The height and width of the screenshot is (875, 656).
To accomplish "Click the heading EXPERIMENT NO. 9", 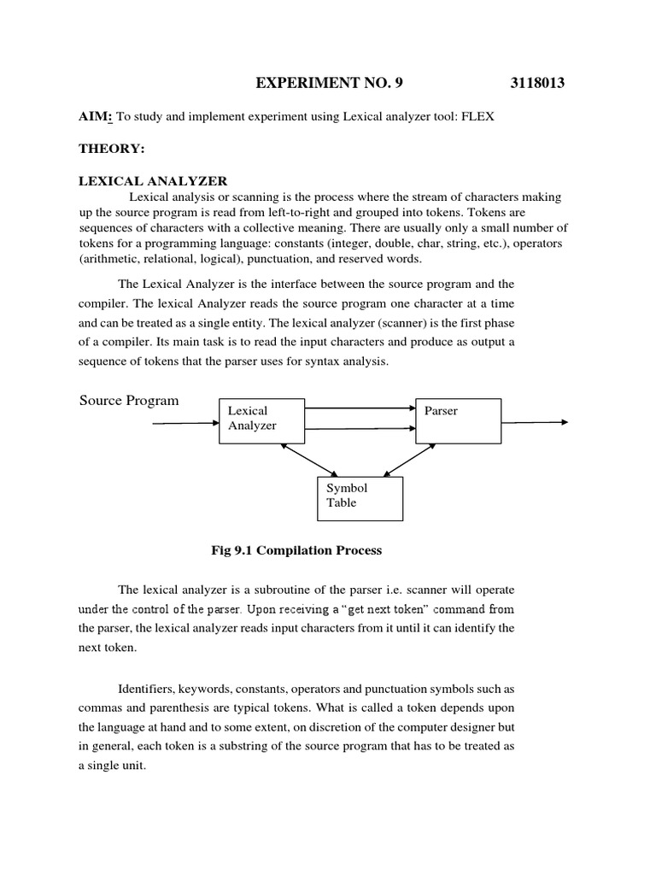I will click(x=328, y=83).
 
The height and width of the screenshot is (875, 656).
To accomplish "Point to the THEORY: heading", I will click(x=112, y=149).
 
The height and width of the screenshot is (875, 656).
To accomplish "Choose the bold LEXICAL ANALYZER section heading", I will click(x=153, y=180).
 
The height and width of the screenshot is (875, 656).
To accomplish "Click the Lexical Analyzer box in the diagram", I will click(x=261, y=420).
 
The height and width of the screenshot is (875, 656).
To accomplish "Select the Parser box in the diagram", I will click(x=458, y=420).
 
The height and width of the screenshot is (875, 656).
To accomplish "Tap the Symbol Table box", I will click(x=360, y=496).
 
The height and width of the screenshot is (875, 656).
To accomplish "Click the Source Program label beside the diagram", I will click(x=129, y=401).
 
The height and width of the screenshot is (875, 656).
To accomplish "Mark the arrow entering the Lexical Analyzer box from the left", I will click(x=185, y=422).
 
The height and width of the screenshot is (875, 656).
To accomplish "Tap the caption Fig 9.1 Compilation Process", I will click(x=296, y=550).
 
